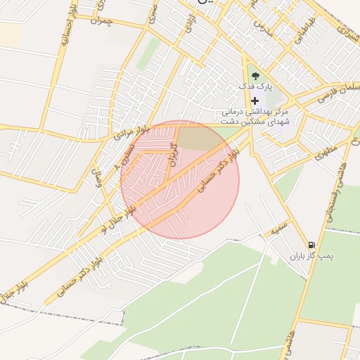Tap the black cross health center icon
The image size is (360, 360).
click(x=255, y=101)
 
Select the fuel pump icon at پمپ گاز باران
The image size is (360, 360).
click(x=311, y=245)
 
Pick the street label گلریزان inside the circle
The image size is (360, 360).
click(x=172, y=151)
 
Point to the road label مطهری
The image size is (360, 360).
click(x=326, y=150)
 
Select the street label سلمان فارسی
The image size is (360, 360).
click(x=340, y=91)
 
